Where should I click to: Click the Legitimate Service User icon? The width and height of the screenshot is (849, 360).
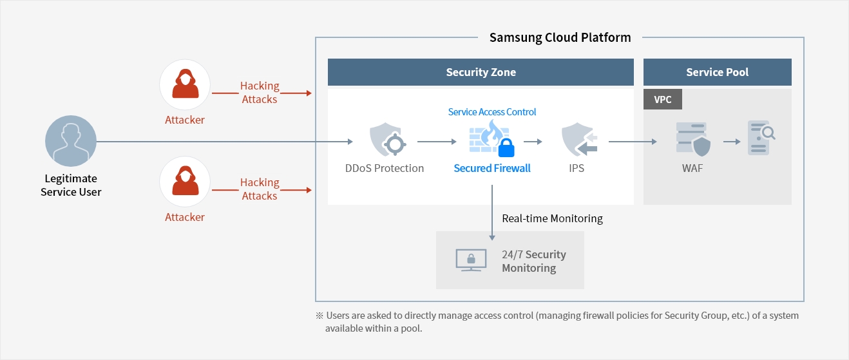(71, 142)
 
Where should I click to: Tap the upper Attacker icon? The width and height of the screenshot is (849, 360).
(185, 85)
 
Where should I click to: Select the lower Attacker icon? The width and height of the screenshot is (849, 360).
(185, 182)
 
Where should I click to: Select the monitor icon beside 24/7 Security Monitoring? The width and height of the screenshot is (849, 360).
(471, 260)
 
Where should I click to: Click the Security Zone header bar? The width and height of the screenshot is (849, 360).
(481, 72)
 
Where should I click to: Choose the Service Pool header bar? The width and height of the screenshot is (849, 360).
(717, 72)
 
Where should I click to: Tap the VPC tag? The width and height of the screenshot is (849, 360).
(662, 99)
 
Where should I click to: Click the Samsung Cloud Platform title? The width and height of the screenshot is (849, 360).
(560, 37)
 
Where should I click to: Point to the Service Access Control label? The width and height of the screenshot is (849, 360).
(492, 111)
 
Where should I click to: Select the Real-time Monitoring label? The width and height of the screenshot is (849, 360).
(552, 218)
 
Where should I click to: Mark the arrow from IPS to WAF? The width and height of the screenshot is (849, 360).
(633, 141)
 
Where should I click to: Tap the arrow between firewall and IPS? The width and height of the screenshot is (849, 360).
(533, 141)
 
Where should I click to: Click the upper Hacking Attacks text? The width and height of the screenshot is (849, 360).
(260, 92)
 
